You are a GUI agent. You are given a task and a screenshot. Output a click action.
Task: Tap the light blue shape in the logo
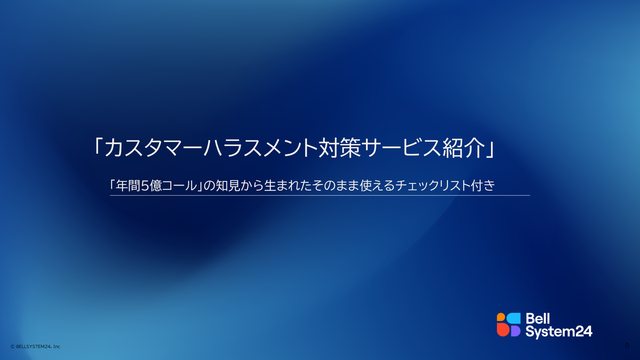point(513,318)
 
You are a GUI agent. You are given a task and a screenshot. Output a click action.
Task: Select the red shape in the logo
point(502,331)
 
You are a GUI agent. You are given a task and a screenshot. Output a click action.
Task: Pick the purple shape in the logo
point(515,331)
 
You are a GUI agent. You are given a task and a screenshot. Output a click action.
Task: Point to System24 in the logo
point(558,331)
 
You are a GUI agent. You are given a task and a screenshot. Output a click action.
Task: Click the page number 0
point(627,345)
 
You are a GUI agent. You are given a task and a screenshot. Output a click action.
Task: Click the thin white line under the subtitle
point(320,195)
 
